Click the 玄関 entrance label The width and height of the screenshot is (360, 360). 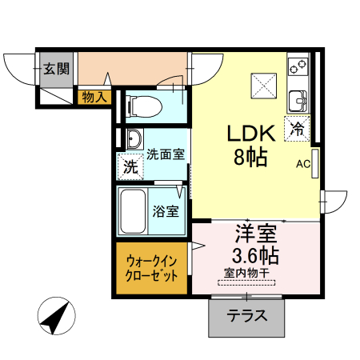tap(55, 68)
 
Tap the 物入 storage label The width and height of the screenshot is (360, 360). tap(94, 97)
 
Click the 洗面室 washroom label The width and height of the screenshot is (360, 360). tap(166, 154)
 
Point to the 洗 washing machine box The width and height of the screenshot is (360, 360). tap(130, 166)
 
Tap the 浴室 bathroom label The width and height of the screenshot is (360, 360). tap(166, 212)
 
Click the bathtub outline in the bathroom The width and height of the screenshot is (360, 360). tap(133, 211)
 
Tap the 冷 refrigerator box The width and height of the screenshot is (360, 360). tap(298, 127)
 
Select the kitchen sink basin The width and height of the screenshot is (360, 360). tap(299, 100)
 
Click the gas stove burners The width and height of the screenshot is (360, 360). tap(298, 64)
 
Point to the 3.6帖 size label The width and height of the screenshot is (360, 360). tap(255, 257)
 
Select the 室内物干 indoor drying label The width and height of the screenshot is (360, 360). tap(247, 274)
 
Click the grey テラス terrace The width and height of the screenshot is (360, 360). tap(247, 315)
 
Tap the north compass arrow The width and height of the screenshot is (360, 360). tap(54, 318)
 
